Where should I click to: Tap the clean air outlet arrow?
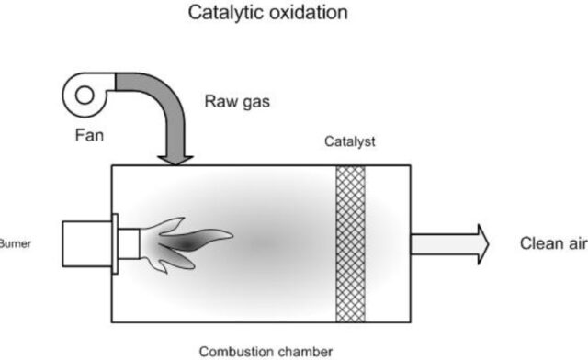click(x=451, y=243)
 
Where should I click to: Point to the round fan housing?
click(x=85, y=95)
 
